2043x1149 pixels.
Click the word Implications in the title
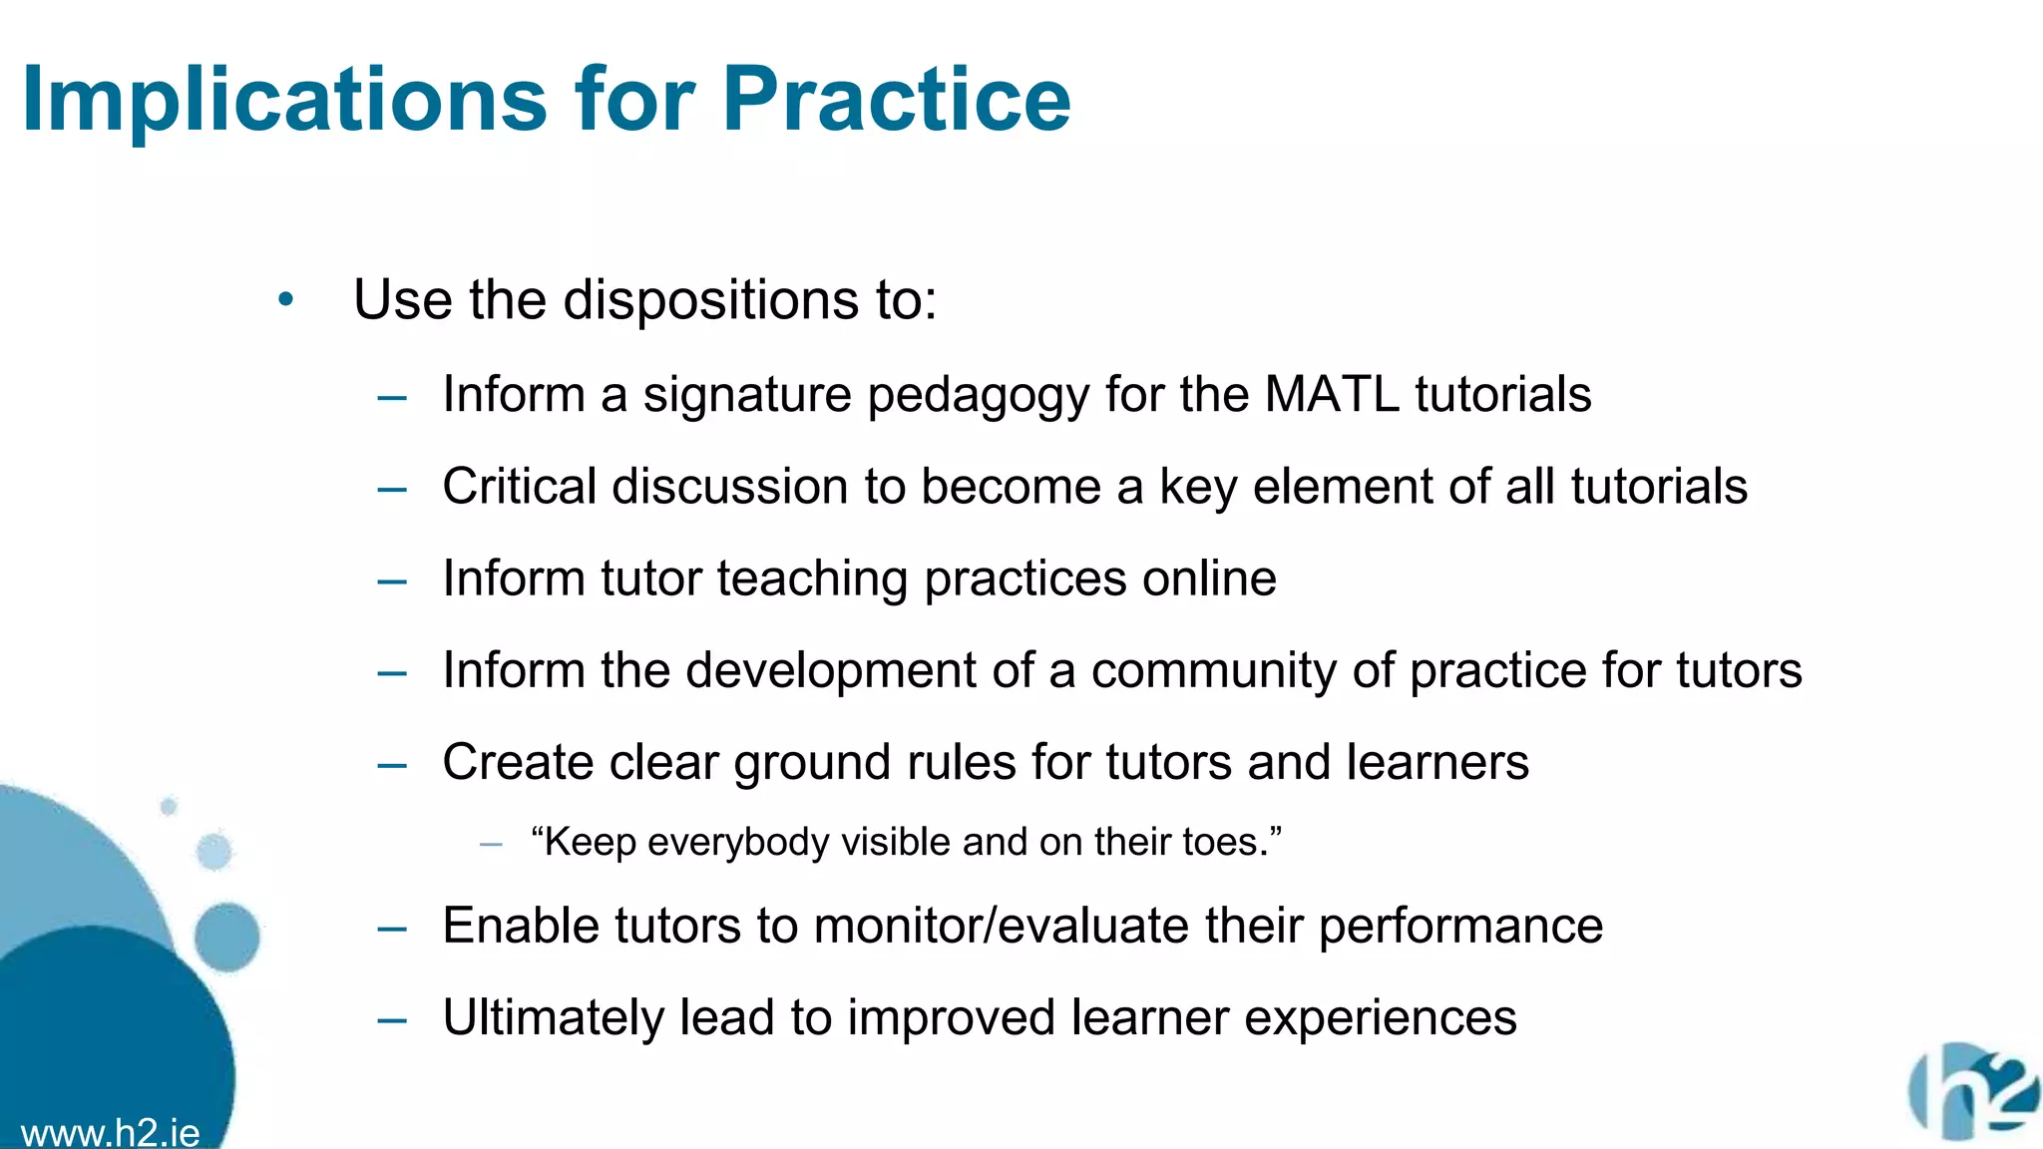(284, 100)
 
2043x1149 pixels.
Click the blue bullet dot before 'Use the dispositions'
(286, 299)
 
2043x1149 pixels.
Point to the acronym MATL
(1332, 394)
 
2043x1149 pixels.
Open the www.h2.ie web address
(110, 1133)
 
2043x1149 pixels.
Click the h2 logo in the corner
(1973, 1092)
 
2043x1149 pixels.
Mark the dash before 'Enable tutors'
(392, 929)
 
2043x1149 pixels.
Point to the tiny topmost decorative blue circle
(169, 806)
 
